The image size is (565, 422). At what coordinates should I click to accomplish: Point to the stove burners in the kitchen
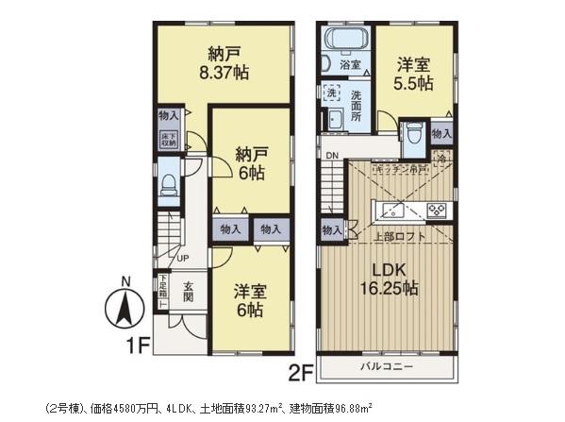coord(437,211)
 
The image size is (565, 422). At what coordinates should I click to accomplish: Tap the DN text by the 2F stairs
coord(331,156)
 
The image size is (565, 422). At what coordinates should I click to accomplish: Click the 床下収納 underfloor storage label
coord(165,136)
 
